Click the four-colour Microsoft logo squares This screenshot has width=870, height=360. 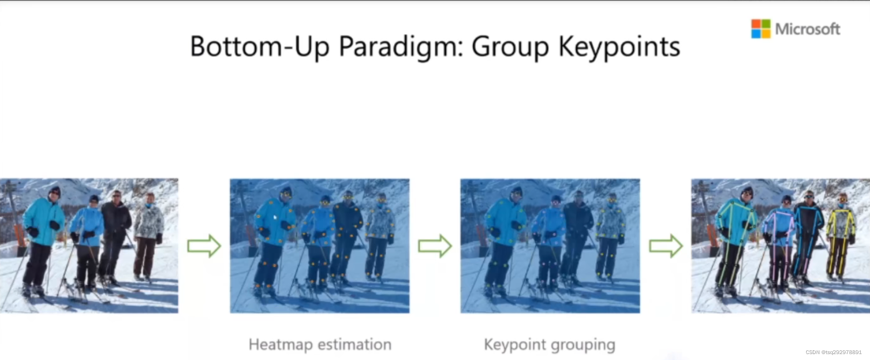coord(761,29)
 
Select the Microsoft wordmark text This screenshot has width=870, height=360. coord(807,29)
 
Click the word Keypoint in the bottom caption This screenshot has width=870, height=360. coord(515,345)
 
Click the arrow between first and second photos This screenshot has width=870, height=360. coord(204,246)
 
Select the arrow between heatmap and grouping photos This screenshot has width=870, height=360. coord(434,246)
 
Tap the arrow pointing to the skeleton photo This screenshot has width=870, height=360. coord(665,246)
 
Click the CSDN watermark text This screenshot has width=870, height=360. coord(833,352)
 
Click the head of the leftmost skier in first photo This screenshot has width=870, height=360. coord(54,192)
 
